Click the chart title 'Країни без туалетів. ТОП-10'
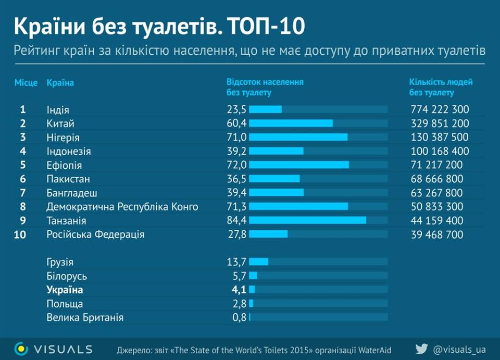pos(159,26)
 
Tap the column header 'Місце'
pos(26,83)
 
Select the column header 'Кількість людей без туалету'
pos(441,88)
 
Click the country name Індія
pos(58,110)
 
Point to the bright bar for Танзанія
pos(307,220)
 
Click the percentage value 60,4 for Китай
pos(236,123)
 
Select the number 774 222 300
pos(440,109)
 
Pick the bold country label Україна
pos(65,290)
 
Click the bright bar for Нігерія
pos(298,137)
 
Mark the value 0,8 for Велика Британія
pos(240,317)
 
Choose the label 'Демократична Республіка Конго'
pos(122,207)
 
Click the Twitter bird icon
pos(421,349)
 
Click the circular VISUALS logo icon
pos(21,349)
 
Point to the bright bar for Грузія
pos(258,262)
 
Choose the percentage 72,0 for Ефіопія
pos(236,165)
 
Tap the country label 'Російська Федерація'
pos(95,234)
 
